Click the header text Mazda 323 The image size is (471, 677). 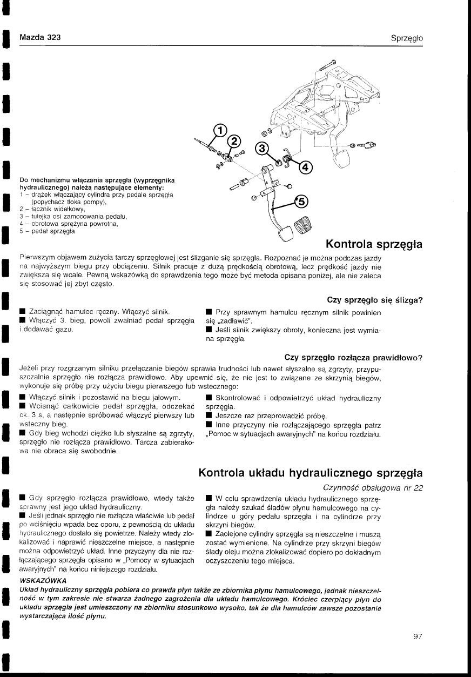tap(40, 38)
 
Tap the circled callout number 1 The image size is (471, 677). tap(219, 131)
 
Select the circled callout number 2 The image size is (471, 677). tap(234, 142)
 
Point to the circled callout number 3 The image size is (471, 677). tap(261, 149)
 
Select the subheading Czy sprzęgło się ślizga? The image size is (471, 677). tap(374, 300)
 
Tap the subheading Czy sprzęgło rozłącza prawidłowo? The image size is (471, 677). tap(353, 357)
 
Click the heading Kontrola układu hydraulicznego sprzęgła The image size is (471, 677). tap(311, 473)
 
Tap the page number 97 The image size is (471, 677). tap(417, 636)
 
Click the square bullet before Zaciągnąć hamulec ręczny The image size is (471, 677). tap(22, 312)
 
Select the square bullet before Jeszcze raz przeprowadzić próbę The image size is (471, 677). tap(209, 416)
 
